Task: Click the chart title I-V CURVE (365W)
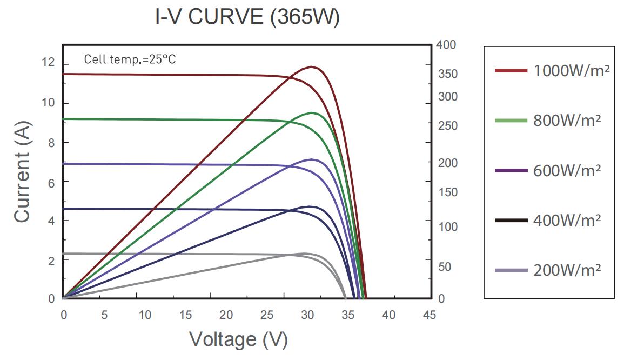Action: pyautogui.click(x=247, y=17)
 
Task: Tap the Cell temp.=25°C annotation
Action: pyautogui.click(x=130, y=59)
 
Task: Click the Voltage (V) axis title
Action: pyautogui.click(x=238, y=339)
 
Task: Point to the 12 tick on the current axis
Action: pyautogui.click(x=48, y=63)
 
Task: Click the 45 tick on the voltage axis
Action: pyautogui.click(x=429, y=315)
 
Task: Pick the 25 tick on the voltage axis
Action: pyautogui.click(x=266, y=315)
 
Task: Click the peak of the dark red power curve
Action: pyautogui.click(x=312, y=66)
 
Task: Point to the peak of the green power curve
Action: pyautogui.click(x=312, y=112)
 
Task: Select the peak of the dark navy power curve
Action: pyautogui.click(x=311, y=206)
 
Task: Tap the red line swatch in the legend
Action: pyautogui.click(x=511, y=70)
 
